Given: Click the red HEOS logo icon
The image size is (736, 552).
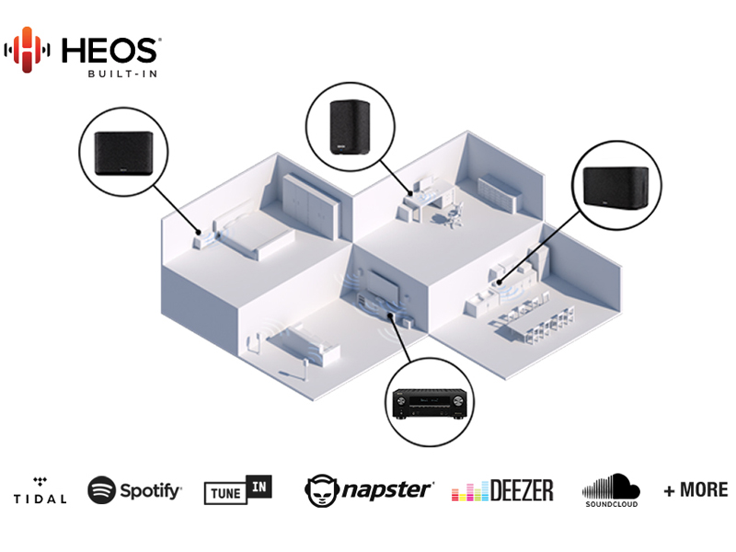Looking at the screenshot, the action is click(x=28, y=50).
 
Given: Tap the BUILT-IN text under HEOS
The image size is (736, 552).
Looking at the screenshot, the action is click(x=122, y=74).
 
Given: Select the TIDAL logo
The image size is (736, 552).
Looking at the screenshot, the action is click(x=40, y=491).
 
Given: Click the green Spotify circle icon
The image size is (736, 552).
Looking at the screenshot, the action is click(x=101, y=490).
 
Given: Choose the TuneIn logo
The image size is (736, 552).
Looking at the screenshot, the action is click(x=238, y=489).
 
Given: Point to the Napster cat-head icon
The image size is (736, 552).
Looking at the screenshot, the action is click(x=321, y=490).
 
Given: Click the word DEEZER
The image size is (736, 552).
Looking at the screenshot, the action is click(x=522, y=490).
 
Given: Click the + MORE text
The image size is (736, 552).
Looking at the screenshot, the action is click(x=696, y=490).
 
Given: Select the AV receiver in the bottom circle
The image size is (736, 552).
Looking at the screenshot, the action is click(x=430, y=404).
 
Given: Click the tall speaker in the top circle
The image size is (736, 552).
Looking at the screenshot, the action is click(x=350, y=126).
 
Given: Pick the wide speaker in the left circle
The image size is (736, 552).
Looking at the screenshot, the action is click(x=124, y=153).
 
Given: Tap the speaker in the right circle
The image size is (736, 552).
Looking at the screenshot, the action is click(x=616, y=187).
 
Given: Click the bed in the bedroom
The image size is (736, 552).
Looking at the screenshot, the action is click(x=254, y=233).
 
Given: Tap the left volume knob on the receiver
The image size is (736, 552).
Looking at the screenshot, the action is click(x=401, y=400).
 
